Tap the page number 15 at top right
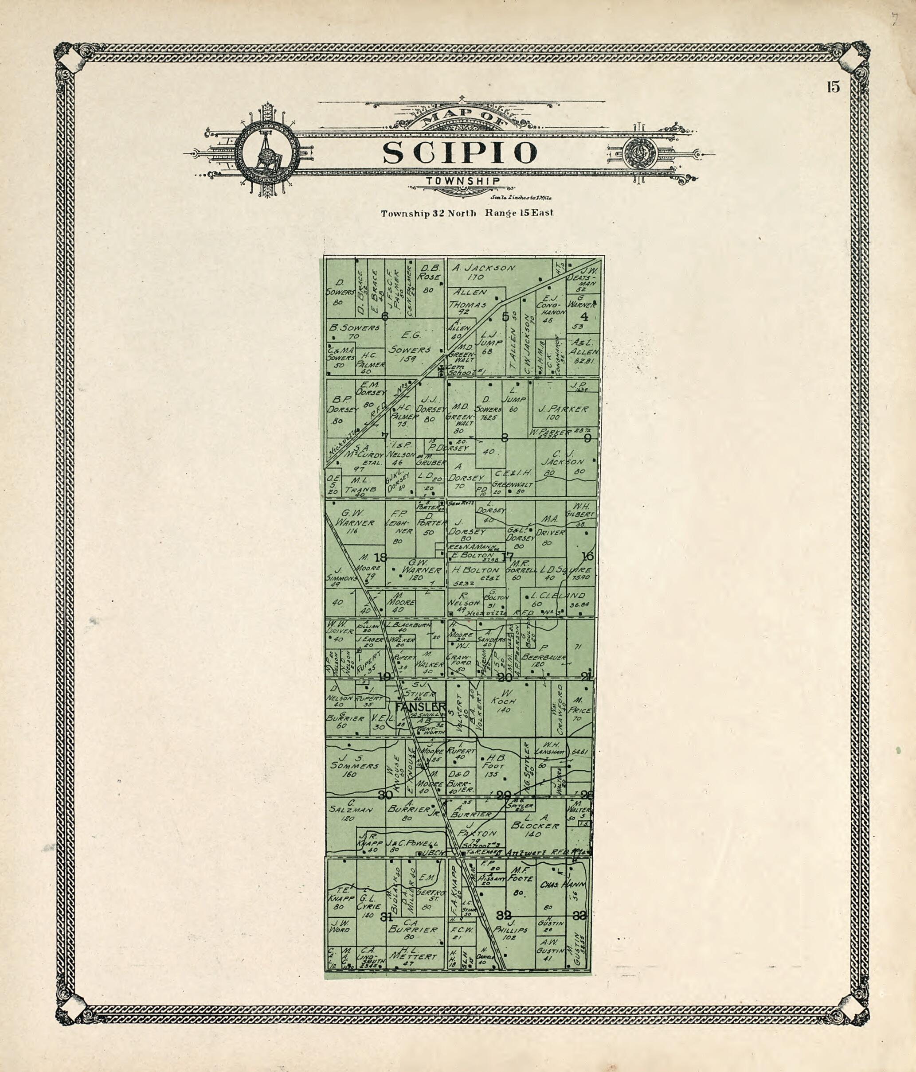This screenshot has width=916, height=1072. [x=833, y=87]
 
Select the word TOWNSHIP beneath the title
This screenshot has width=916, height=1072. [x=463, y=181]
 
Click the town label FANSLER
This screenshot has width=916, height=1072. [x=420, y=707]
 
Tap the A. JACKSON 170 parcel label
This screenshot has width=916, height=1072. [x=483, y=273]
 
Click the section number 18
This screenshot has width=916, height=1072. [x=380, y=557]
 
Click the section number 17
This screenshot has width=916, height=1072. [x=508, y=557]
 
